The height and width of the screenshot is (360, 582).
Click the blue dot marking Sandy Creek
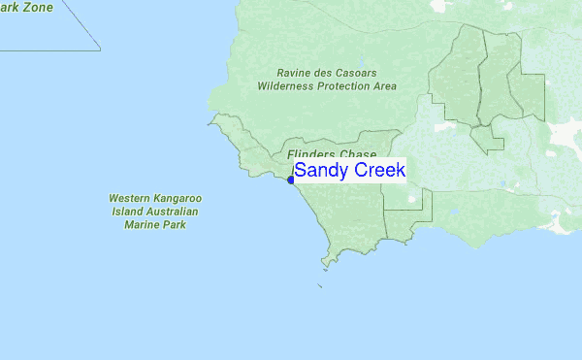coord(291,180)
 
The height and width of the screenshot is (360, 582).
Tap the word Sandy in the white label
coord(320,170)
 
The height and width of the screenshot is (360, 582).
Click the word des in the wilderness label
coord(327,73)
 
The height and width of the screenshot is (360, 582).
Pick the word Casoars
coord(359,73)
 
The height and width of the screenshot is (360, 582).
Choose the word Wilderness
coord(289,85)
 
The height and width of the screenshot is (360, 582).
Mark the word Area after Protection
coord(385,85)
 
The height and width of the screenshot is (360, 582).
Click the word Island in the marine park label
coord(128,211)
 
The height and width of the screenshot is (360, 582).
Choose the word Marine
coord(141,223)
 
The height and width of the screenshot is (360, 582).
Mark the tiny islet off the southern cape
coord(320,285)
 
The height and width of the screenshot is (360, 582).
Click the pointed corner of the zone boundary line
coord(100,49)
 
